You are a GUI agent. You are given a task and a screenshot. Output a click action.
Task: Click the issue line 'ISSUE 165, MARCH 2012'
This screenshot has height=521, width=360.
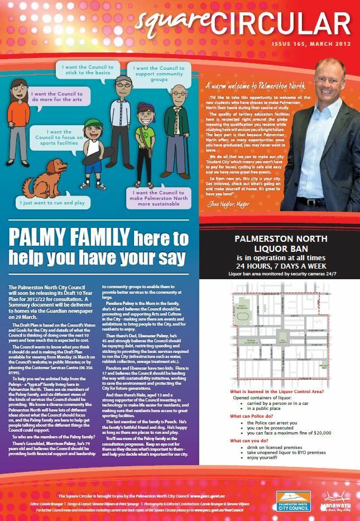click(311, 43)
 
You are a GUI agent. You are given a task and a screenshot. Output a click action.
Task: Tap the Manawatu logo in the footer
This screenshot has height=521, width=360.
click(337, 499)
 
